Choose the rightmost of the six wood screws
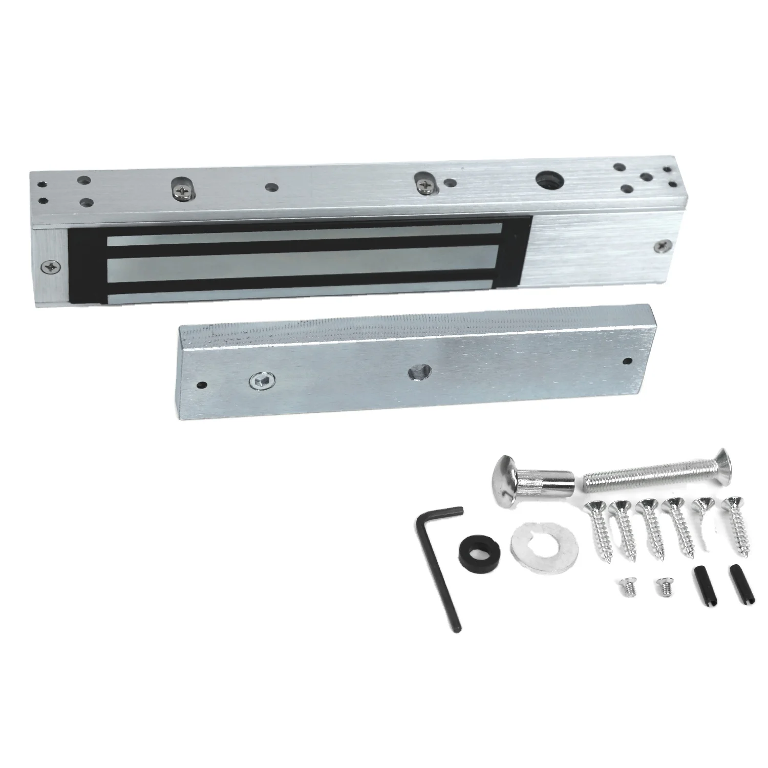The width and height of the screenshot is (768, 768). [x=737, y=527]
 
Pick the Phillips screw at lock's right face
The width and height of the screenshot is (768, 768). [x=665, y=246]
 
